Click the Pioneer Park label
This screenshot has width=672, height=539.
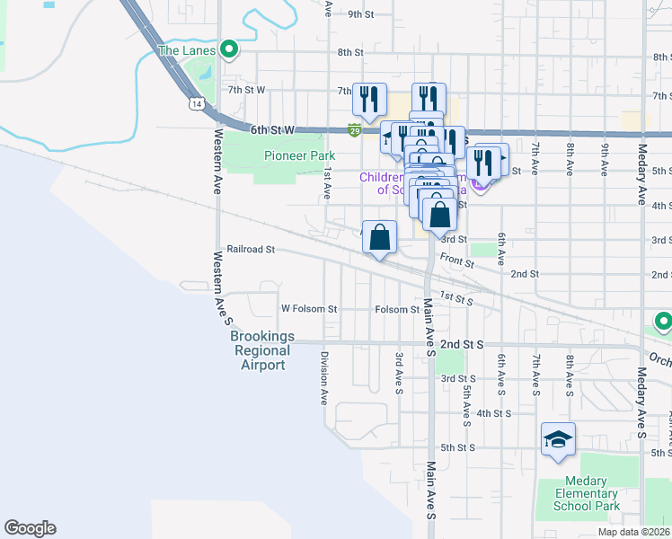click(299, 155)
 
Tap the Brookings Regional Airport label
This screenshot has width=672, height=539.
click(262, 350)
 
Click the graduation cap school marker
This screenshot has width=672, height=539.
click(558, 439)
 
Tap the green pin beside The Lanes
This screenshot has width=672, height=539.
click(229, 50)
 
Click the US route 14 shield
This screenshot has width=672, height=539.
click(196, 104)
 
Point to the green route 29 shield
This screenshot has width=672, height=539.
click(355, 130)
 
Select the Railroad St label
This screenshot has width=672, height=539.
click(250, 249)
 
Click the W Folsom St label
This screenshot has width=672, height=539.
click(308, 309)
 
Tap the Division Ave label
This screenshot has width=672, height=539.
click(323, 377)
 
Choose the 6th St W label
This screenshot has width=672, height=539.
click(273, 130)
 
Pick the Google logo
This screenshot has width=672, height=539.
click(30, 528)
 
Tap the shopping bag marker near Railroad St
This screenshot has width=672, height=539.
click(380, 238)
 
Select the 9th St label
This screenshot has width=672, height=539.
click(360, 14)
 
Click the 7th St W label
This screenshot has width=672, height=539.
click(246, 90)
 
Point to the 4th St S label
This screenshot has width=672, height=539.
click(494, 413)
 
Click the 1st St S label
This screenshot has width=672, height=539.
click(455, 298)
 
